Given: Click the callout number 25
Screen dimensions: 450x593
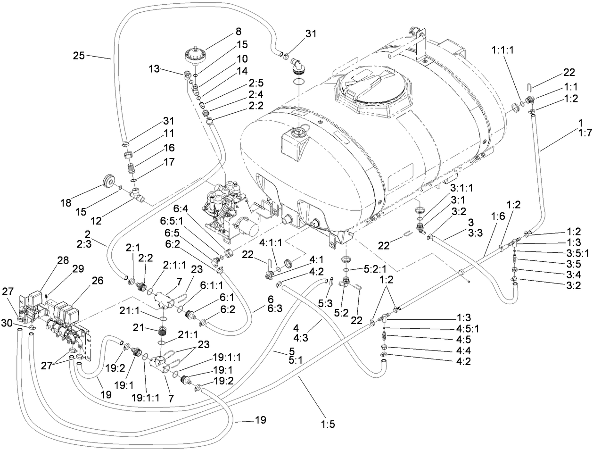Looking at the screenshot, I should click(x=80, y=55).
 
